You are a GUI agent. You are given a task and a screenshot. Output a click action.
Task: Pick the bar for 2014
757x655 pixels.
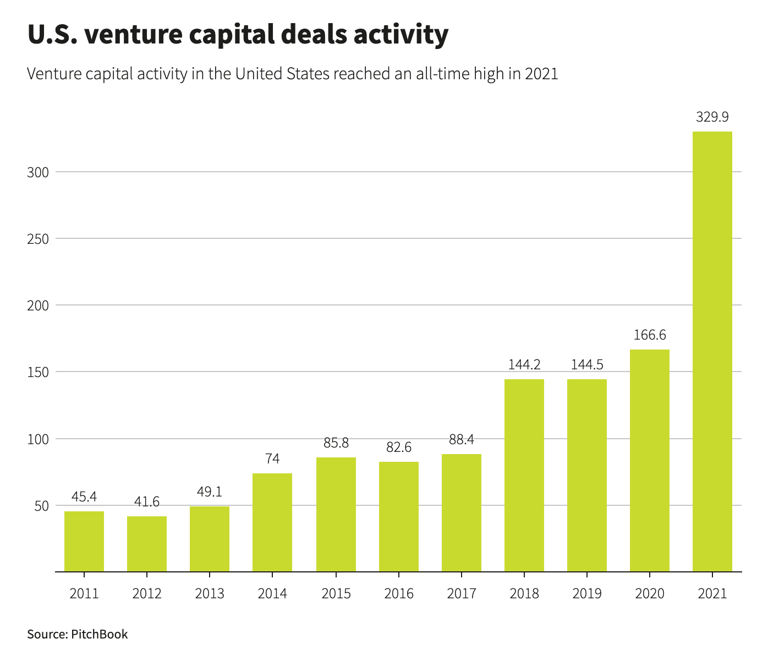pyautogui.click(x=272, y=522)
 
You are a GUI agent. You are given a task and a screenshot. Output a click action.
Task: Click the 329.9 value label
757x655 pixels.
pyautogui.click(x=712, y=117)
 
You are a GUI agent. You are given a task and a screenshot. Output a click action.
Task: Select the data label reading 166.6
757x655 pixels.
pyautogui.click(x=649, y=335)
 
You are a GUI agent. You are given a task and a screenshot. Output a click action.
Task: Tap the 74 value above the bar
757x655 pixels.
pyautogui.click(x=272, y=459)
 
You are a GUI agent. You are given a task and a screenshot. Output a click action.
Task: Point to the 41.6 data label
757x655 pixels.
pyautogui.click(x=147, y=502)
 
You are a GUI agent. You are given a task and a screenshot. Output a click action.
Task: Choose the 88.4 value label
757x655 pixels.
pyautogui.click(x=461, y=440)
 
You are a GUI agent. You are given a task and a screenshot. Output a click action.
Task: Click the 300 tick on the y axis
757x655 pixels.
pyautogui.click(x=38, y=172)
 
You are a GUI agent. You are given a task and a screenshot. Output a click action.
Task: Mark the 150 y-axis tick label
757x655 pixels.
pyautogui.click(x=38, y=372)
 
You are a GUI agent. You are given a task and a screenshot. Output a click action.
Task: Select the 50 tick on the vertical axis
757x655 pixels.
pyautogui.click(x=41, y=506)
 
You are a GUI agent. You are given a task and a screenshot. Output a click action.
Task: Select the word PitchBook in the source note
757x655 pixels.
pyautogui.click(x=100, y=635)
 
